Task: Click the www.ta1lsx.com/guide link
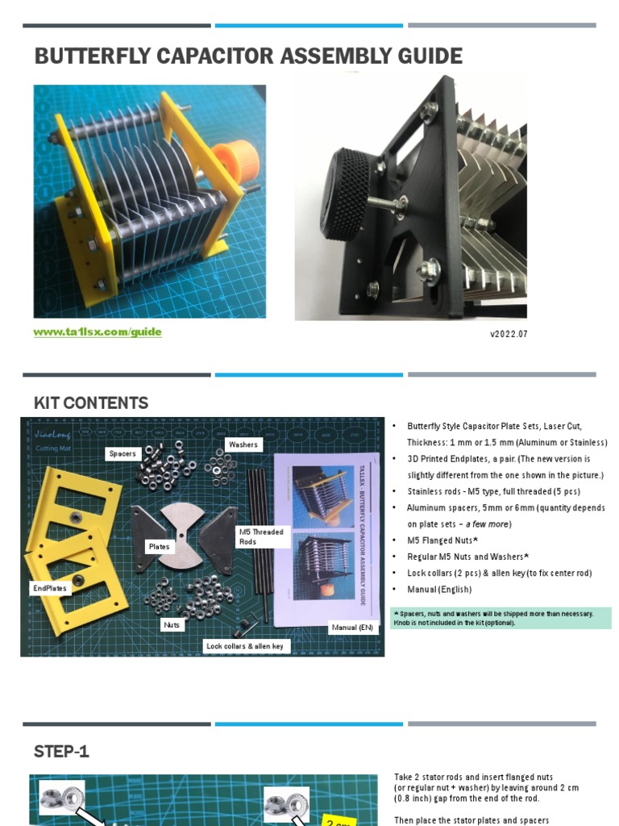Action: [x=98, y=332]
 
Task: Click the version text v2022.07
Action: [x=509, y=334]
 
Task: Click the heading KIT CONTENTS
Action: [x=91, y=403]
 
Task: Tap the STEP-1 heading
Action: [x=61, y=752]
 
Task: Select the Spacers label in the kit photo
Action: [x=123, y=454]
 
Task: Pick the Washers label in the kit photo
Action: [x=243, y=444]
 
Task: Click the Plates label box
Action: [x=160, y=547]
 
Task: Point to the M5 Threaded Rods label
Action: [x=261, y=537]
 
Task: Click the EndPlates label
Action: [x=50, y=588]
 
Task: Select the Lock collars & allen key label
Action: [x=245, y=646]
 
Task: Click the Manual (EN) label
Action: [x=352, y=627]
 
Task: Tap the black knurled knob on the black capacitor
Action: [x=348, y=193]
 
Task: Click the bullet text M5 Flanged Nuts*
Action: [x=442, y=540]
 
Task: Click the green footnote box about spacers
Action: [x=500, y=618]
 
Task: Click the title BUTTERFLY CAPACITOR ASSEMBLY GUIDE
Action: [x=248, y=56]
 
